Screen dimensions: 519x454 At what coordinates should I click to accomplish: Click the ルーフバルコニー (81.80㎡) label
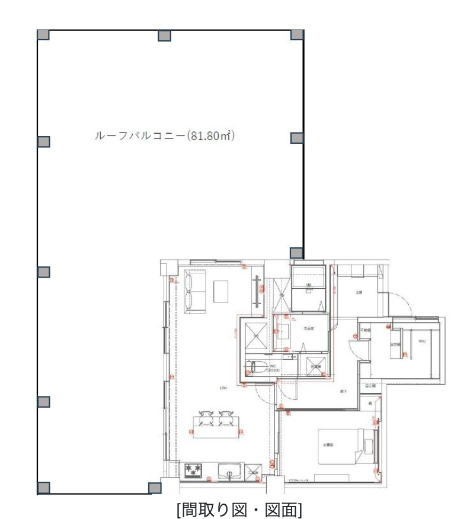(165, 136)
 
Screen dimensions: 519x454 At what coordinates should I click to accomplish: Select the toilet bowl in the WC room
(256, 368)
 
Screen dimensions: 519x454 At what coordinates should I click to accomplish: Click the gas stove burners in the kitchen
(194, 471)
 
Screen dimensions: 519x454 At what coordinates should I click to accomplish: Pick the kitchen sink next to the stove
(228, 472)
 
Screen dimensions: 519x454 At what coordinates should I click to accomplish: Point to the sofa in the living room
(195, 291)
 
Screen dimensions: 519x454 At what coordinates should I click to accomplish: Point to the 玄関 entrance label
(359, 292)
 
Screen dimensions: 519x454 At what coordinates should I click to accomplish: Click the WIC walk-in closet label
(421, 341)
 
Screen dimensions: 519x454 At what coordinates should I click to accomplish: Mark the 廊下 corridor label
(343, 391)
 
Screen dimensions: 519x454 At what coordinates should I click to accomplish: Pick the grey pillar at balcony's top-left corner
(43, 34)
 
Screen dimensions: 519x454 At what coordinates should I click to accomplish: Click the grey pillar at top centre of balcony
(165, 36)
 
